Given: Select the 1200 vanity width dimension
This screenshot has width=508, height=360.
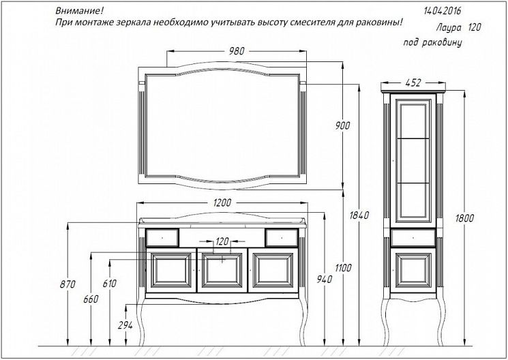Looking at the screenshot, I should (222, 202).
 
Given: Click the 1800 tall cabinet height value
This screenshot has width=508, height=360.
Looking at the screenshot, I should (465, 217).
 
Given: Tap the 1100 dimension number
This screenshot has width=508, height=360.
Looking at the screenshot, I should (343, 268).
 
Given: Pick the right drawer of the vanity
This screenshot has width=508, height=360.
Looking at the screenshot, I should (282, 237).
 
